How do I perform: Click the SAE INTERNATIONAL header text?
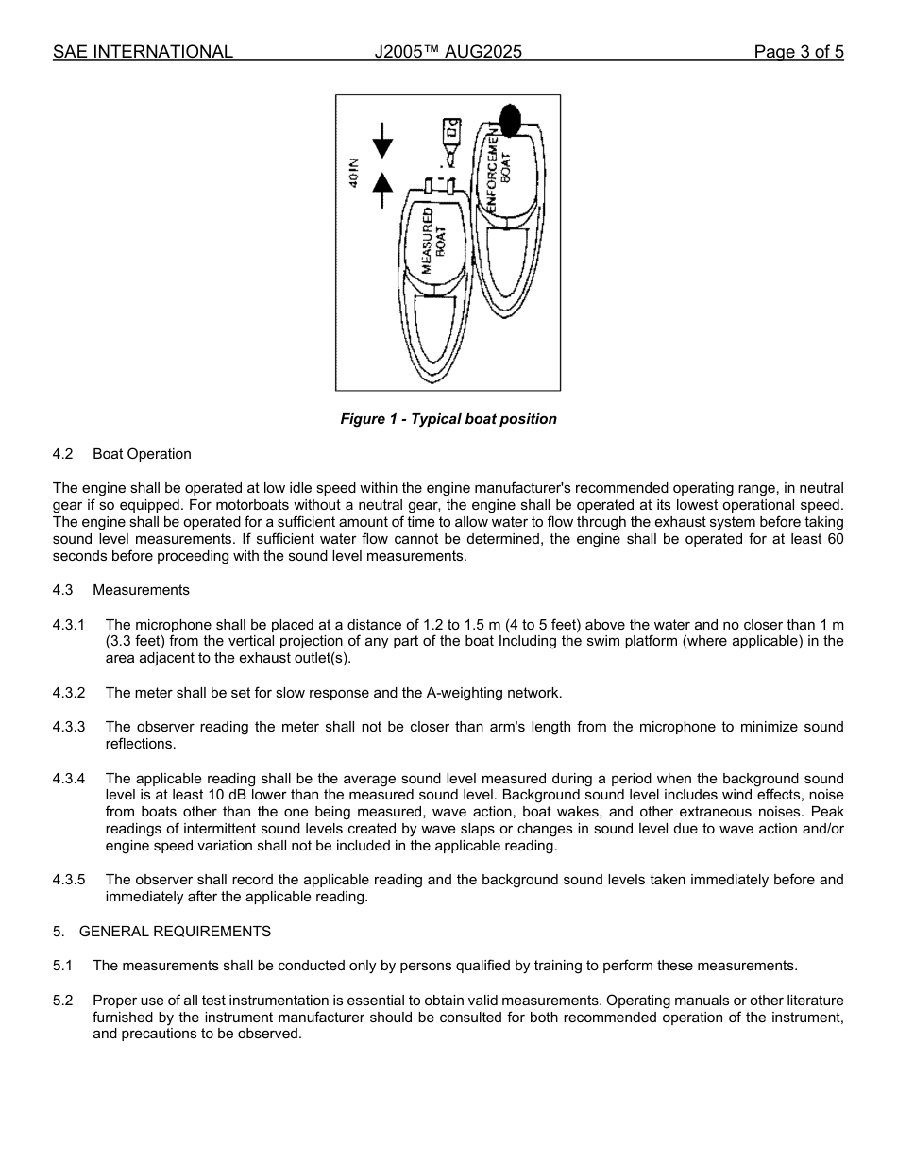143,52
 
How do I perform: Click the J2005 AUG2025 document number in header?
448,52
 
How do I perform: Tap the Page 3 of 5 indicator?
798,52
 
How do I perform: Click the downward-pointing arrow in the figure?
382,141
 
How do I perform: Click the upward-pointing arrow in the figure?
382,190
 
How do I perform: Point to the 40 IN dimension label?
353,175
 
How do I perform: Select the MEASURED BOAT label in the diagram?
433,241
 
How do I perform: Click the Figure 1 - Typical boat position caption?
448,419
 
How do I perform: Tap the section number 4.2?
63,454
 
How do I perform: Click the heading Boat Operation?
142,454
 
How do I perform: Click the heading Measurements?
141,590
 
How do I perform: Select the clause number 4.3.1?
69,625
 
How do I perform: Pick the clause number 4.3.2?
69,693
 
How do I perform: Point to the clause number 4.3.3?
69,727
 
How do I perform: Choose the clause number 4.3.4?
69,779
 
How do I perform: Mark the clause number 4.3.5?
69,880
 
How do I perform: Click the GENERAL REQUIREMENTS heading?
175,932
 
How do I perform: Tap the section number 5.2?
63,1000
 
